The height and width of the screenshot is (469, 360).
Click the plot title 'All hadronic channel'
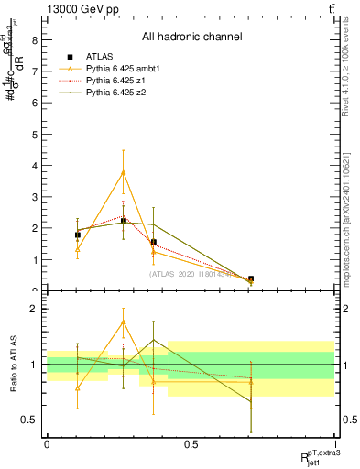coord(191,38)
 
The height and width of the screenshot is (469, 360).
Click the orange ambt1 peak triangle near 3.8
coord(124,172)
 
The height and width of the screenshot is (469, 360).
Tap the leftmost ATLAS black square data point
coord(78,235)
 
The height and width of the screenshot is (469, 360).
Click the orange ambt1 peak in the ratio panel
coord(124,322)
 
